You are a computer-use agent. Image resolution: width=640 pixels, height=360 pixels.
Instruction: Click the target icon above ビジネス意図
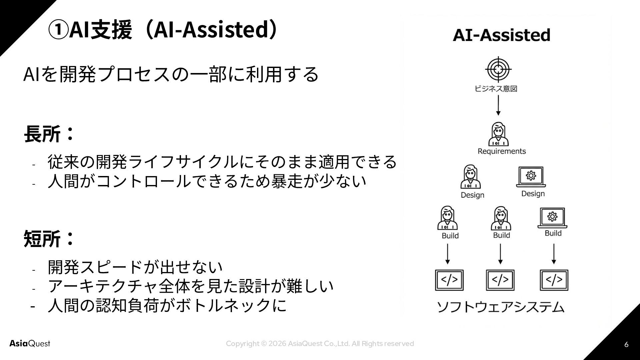click(x=498, y=69)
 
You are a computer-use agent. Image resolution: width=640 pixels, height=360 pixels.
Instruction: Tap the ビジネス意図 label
click(x=496, y=89)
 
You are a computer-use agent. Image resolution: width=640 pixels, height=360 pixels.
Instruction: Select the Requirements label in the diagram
click(x=502, y=151)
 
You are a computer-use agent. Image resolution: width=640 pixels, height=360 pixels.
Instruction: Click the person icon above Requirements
click(x=498, y=134)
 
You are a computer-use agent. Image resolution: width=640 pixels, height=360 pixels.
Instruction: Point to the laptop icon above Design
click(x=531, y=177)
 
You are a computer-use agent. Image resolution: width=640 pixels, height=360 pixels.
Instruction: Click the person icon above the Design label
click(x=470, y=177)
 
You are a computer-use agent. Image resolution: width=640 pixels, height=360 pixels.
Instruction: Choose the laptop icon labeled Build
click(x=552, y=218)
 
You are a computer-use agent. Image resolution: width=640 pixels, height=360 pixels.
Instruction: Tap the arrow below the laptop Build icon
click(x=554, y=254)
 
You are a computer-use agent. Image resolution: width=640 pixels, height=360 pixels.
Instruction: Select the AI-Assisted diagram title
click(x=501, y=35)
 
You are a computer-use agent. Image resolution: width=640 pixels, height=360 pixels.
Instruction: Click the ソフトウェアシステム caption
click(x=500, y=307)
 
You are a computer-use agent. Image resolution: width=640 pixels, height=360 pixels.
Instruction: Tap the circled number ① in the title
click(x=58, y=30)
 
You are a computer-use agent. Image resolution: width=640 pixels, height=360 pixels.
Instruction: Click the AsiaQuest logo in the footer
click(x=30, y=344)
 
